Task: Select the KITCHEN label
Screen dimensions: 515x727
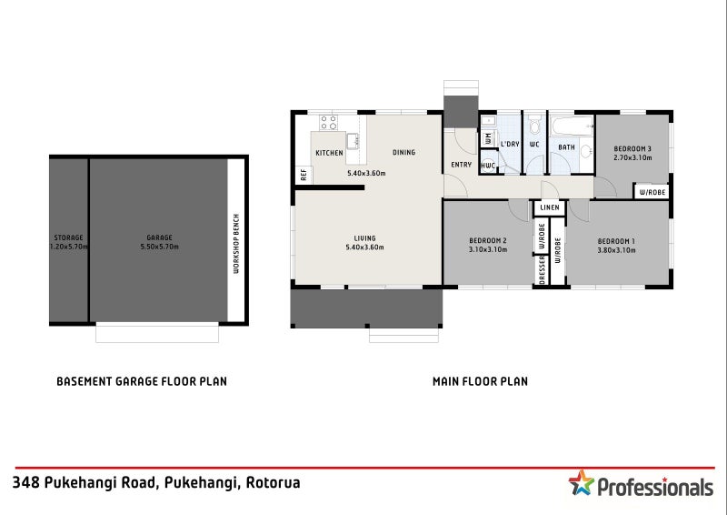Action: (x=329, y=153)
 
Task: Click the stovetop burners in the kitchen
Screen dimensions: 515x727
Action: (x=328, y=122)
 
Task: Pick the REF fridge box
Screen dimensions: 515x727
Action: (x=303, y=176)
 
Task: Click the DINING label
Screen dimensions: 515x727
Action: (x=403, y=153)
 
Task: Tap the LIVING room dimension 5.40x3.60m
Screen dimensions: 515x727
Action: (x=366, y=247)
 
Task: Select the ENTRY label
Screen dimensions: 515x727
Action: (x=461, y=165)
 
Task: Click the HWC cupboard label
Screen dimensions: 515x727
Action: (x=488, y=166)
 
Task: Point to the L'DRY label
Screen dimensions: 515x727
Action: (x=510, y=145)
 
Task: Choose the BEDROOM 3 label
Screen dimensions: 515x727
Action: (x=632, y=148)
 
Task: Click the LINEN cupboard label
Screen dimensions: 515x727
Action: (x=549, y=207)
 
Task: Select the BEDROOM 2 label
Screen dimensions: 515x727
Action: (x=487, y=240)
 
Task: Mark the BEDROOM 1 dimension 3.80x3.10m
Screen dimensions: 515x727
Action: (x=617, y=249)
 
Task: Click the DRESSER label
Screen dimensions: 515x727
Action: (x=542, y=270)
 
